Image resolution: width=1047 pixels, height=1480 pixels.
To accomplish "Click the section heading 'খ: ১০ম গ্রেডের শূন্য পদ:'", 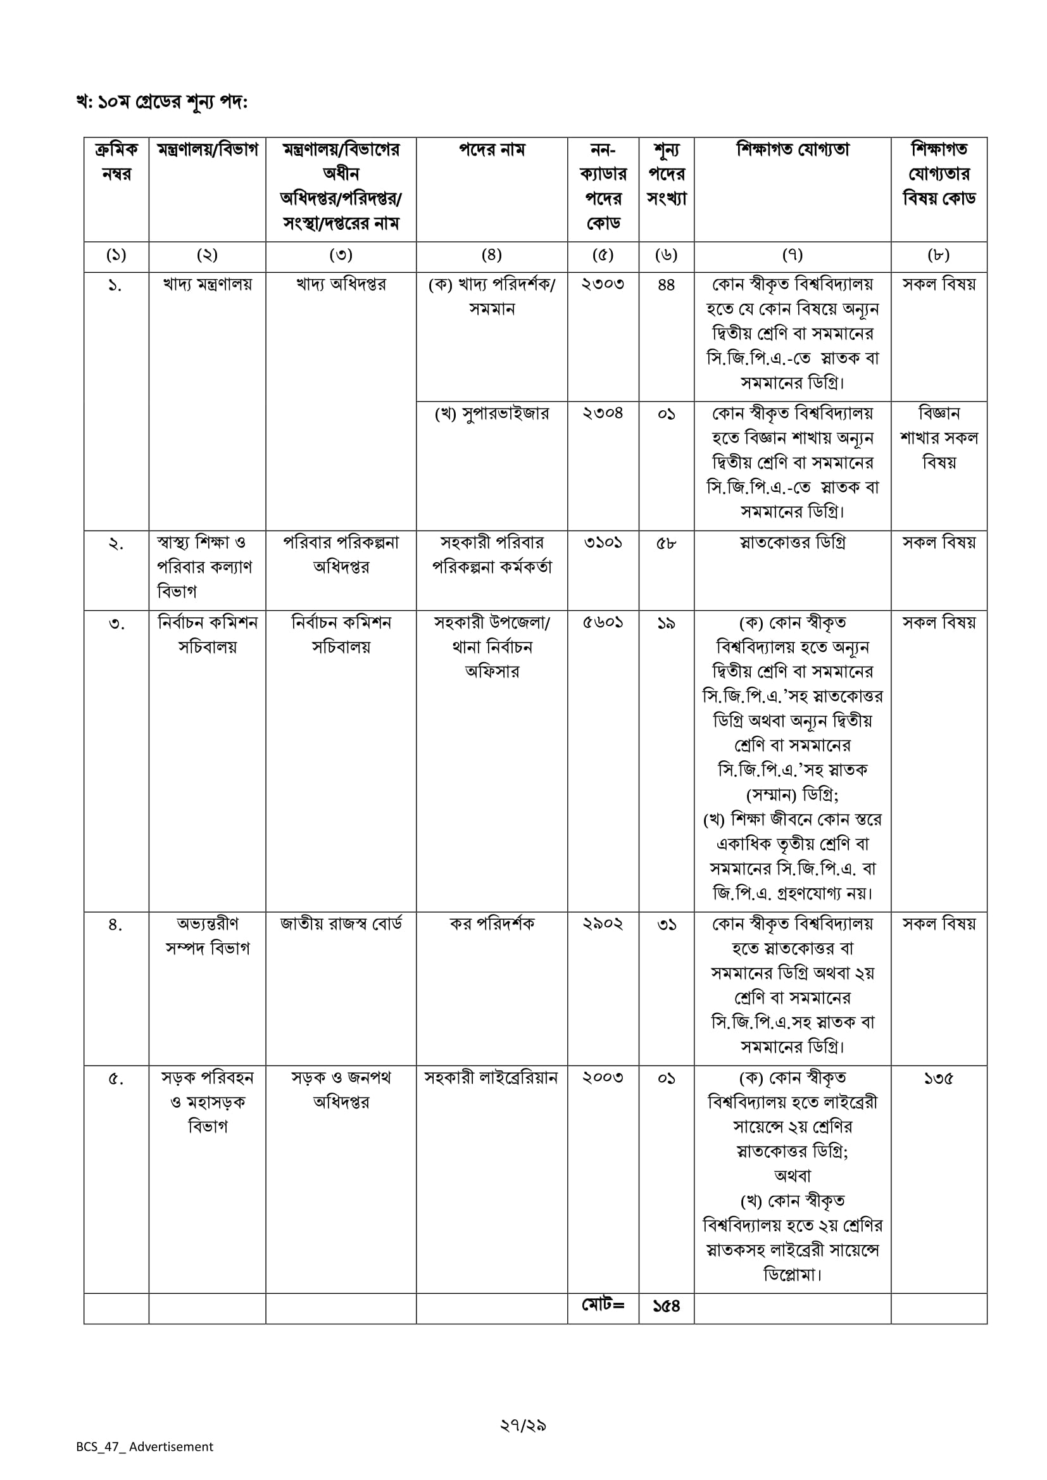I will coord(162,102).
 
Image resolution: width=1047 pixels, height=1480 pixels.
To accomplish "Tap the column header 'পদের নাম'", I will coord(492,150).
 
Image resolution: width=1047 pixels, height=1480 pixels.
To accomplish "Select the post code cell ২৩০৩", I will coord(603,284).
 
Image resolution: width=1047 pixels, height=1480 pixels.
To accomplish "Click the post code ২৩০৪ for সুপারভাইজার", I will coord(603,413).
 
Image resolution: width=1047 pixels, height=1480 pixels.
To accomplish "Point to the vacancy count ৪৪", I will coord(666,284).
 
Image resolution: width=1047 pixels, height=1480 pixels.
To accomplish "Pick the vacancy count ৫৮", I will coord(666,542).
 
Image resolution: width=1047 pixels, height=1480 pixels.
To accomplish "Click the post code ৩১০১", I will coord(603,542).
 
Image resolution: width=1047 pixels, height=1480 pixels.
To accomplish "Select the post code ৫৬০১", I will coord(603,623).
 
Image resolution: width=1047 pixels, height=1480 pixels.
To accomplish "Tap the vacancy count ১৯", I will coord(666,623).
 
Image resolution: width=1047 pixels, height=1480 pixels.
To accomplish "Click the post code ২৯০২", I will coord(603,924).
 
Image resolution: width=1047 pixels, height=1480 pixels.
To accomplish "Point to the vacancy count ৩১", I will coord(666,924).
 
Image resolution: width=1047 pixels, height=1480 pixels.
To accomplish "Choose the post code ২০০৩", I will coord(603,1078).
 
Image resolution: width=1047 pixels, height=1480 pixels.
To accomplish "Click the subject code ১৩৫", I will coord(939,1078).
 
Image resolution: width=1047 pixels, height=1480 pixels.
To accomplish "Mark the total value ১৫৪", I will coord(666,1307).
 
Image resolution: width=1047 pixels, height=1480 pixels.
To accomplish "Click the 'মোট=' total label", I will coord(603,1306).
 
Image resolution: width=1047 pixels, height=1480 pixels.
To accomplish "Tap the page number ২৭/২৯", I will coord(523,1425).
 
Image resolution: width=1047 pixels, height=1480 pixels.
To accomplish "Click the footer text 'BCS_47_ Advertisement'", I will coord(144,1446).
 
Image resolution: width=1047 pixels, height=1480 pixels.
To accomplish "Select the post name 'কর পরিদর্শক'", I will coord(492,924).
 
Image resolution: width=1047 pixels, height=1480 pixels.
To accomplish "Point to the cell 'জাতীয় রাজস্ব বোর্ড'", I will coord(341,924).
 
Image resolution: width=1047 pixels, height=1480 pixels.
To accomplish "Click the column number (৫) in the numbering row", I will coord(603,255).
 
